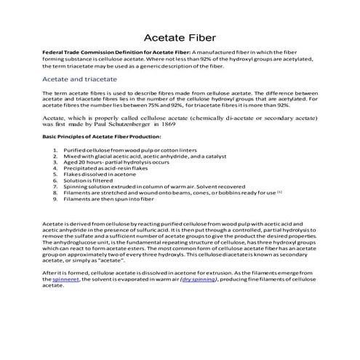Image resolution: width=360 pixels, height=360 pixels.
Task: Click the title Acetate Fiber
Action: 179,37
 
